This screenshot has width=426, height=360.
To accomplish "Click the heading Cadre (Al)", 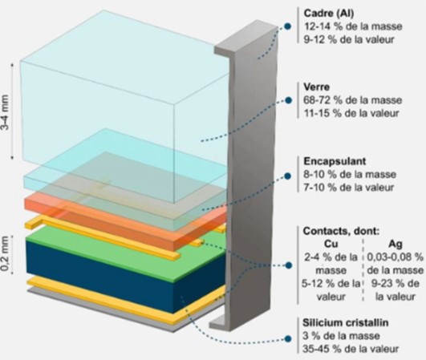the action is pos(329,13).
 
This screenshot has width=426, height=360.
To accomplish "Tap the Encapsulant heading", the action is pos(335,161).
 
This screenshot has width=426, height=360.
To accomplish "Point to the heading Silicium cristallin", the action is pos(345,323).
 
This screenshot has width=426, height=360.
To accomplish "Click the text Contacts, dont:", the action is pos(341,231).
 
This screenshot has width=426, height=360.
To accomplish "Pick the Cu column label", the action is pos(331,244).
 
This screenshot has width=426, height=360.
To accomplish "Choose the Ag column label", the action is pos(396,244).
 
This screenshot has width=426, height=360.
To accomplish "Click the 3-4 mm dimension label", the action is pos(5,112).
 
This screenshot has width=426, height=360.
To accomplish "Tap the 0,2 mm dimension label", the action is pos(6,253).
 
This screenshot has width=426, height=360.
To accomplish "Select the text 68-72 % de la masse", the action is pos(352,100).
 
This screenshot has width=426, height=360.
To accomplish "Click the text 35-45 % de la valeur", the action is pos(351,349).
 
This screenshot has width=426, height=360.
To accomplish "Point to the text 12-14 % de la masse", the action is pos(353,26).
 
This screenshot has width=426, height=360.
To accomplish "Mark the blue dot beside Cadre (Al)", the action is pos(287,26).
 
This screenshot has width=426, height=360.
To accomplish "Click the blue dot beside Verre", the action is pos(289,100).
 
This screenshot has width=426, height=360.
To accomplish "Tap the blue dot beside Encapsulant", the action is pos(288,176).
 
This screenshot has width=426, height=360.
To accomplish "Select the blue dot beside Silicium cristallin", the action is pos(288,339).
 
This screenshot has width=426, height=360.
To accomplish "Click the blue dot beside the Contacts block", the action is pos(289,265).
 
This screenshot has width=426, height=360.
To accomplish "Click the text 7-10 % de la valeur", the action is pos(348,188).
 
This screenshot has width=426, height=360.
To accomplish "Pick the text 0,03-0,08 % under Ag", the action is pos(396,257).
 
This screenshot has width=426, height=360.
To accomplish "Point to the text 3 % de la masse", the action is pos(341,336).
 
